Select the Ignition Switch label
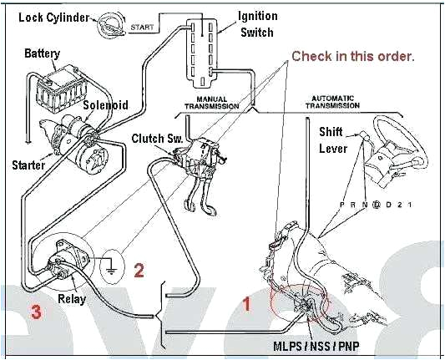point(259,23)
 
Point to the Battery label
point(42,53)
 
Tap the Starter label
point(28,165)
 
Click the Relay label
point(71,297)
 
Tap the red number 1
point(246,304)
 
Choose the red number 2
point(139,270)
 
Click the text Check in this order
point(352,56)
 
